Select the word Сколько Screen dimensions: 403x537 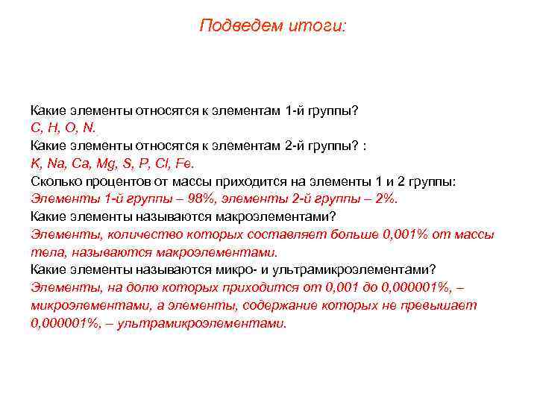coord(53,181)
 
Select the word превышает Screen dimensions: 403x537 coord(445,306)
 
